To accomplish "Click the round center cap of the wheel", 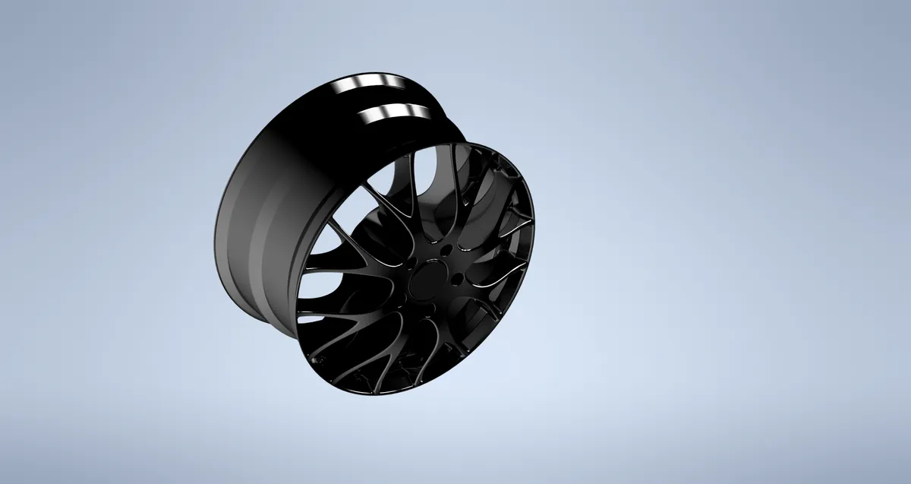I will pyautogui.click(x=428, y=279).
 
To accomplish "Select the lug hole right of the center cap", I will pyautogui.click(x=457, y=279).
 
